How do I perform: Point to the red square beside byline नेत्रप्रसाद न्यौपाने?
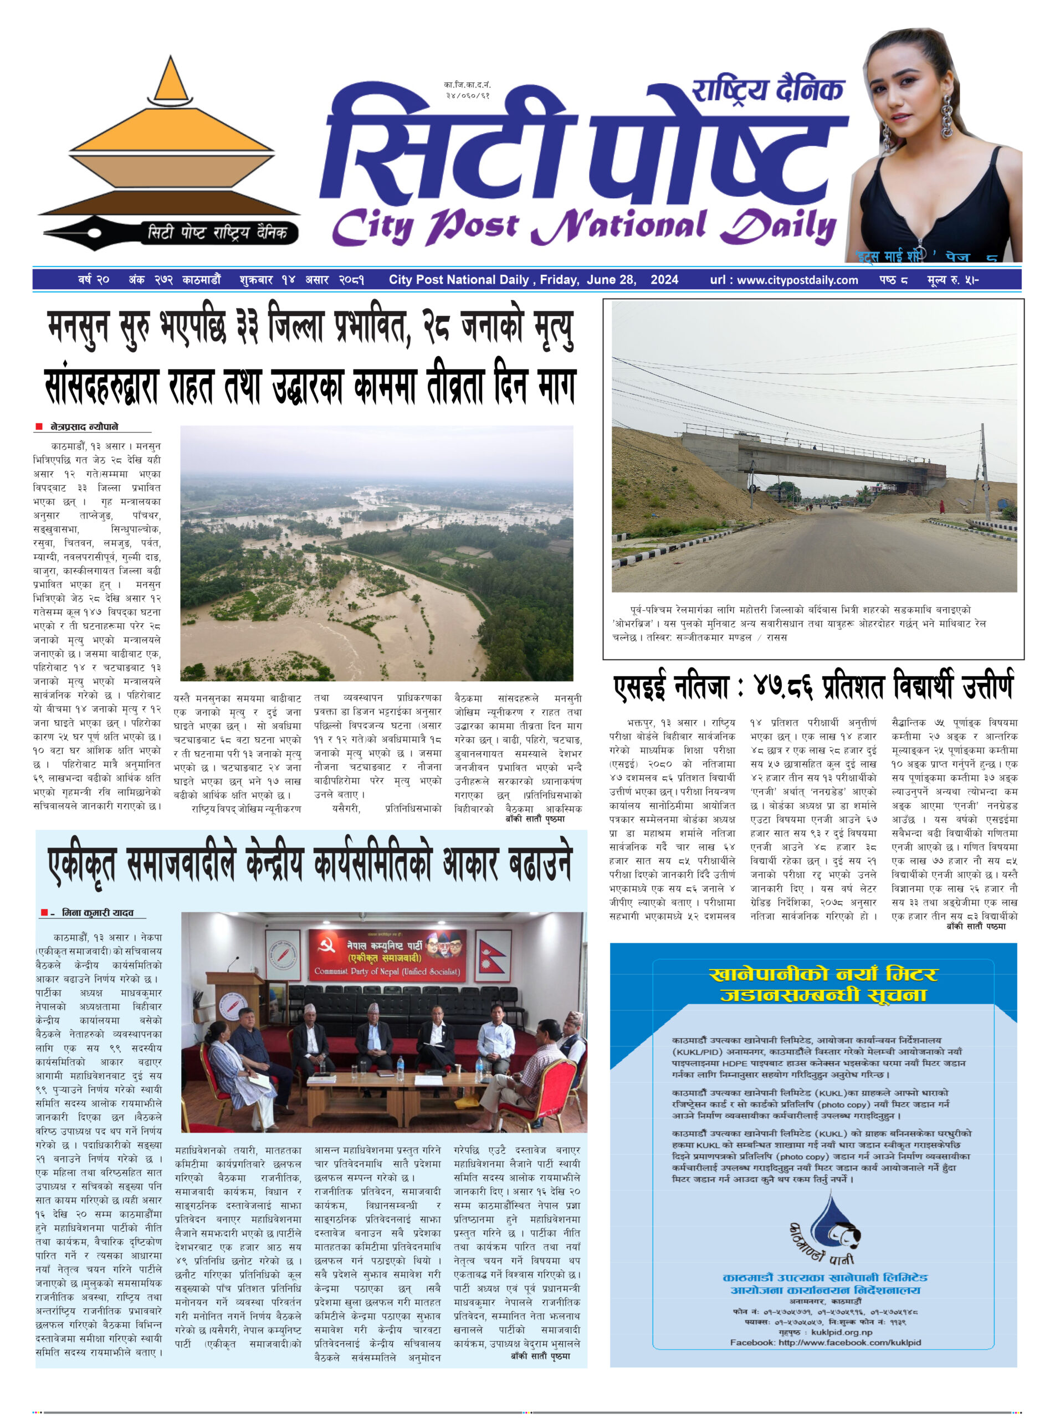(39, 427)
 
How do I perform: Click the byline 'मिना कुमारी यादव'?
(97, 913)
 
